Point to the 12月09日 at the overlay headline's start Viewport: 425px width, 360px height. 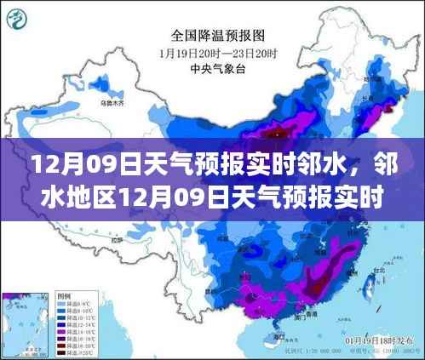point(65,162)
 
